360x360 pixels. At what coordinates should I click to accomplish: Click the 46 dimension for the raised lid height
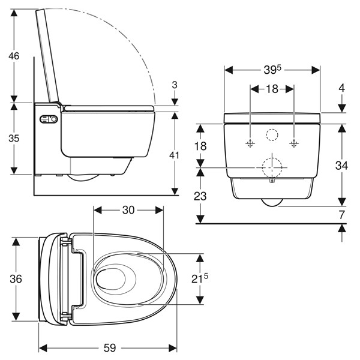point(13,56)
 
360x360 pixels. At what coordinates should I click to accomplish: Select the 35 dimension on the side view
point(13,138)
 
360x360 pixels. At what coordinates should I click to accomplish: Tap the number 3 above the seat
point(174,85)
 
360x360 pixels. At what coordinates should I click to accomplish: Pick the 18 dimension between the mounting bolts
point(272,89)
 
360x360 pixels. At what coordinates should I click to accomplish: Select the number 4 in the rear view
point(341,88)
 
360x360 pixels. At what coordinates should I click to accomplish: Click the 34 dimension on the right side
point(341,164)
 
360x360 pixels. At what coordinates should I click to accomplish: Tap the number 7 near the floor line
point(341,214)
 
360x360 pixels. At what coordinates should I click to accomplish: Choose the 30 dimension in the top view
point(128,211)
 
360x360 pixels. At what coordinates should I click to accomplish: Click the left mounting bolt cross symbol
point(250,143)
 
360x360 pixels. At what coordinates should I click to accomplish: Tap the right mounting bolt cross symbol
point(293,143)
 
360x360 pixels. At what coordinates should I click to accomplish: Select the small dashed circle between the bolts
point(272,135)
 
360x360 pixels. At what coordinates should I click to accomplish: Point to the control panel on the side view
point(48,119)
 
